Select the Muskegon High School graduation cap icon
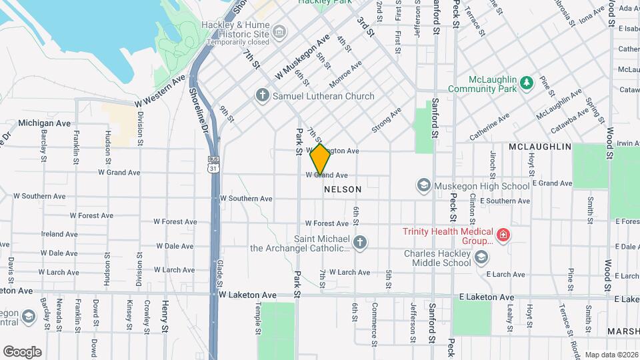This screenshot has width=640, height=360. tap(423, 184)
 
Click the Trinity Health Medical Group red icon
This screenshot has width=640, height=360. tap(503, 235)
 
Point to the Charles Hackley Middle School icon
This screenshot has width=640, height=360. tap(479, 257)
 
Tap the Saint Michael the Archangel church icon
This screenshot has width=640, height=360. tap(360, 242)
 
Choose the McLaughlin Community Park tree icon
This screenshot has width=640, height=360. tap(527, 82)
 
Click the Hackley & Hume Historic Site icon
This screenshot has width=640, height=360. tap(279, 32)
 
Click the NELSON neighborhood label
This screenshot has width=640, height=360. tap(343, 189)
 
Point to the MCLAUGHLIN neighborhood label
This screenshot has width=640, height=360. tap(540, 146)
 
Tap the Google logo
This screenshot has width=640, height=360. tap(22, 352)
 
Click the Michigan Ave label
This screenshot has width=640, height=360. tap(45, 123)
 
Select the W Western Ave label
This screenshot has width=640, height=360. tap(160, 91)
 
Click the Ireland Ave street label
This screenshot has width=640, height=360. tap(60, 234)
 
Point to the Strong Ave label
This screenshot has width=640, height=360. tap(387, 119)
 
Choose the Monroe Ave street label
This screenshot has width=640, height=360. tap(346, 74)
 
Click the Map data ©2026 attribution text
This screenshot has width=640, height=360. tap(611, 355)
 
